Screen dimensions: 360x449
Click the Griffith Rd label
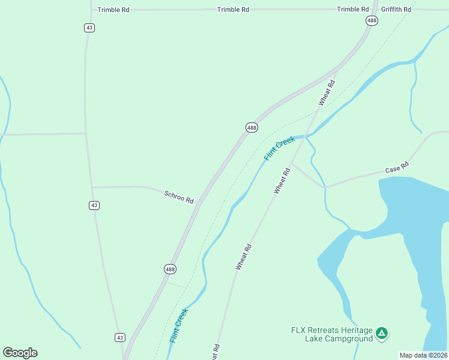pos(396,10)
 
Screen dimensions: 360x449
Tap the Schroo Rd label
pos(179,196)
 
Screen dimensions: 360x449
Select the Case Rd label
pos(397,167)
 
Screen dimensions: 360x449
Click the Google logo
pos(20,353)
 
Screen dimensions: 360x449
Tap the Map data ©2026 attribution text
pos(423,355)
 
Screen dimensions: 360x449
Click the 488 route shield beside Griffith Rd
pos(372,20)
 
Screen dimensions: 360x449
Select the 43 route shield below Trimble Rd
pos(89,28)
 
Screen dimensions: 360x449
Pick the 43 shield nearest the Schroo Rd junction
pos(94,205)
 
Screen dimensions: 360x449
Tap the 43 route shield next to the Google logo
pos(119,337)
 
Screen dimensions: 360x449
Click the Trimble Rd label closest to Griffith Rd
pos(353,10)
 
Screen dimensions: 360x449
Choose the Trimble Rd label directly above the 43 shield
pos(113,10)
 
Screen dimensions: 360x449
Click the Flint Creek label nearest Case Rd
pos(279,148)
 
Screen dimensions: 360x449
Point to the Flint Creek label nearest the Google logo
pos(178,325)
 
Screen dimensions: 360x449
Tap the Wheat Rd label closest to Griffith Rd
pos(327,93)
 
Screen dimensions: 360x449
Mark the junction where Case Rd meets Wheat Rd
pos(291,163)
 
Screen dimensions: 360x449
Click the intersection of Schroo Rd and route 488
pos(200,202)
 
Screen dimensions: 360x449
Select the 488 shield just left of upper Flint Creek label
pos(252,127)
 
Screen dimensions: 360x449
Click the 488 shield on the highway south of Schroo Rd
pos(170,269)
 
